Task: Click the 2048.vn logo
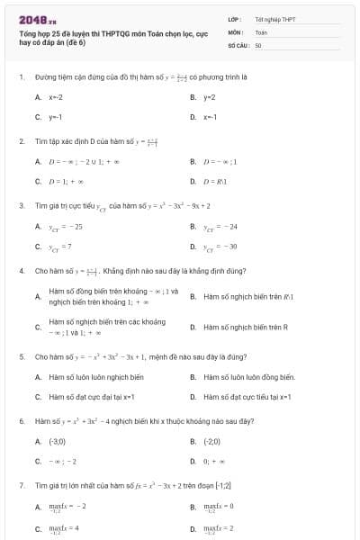[x=39, y=18]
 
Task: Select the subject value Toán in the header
[x=261, y=31]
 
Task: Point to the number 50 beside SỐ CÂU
[x=258, y=43]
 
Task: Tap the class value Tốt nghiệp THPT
[x=274, y=18]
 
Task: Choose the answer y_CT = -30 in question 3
[x=220, y=246]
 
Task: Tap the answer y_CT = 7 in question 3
[x=61, y=246]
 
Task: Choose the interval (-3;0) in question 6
[x=57, y=441]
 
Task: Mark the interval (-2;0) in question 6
[x=211, y=441]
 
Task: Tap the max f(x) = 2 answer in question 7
[x=218, y=527]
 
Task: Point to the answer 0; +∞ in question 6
[x=212, y=461]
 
